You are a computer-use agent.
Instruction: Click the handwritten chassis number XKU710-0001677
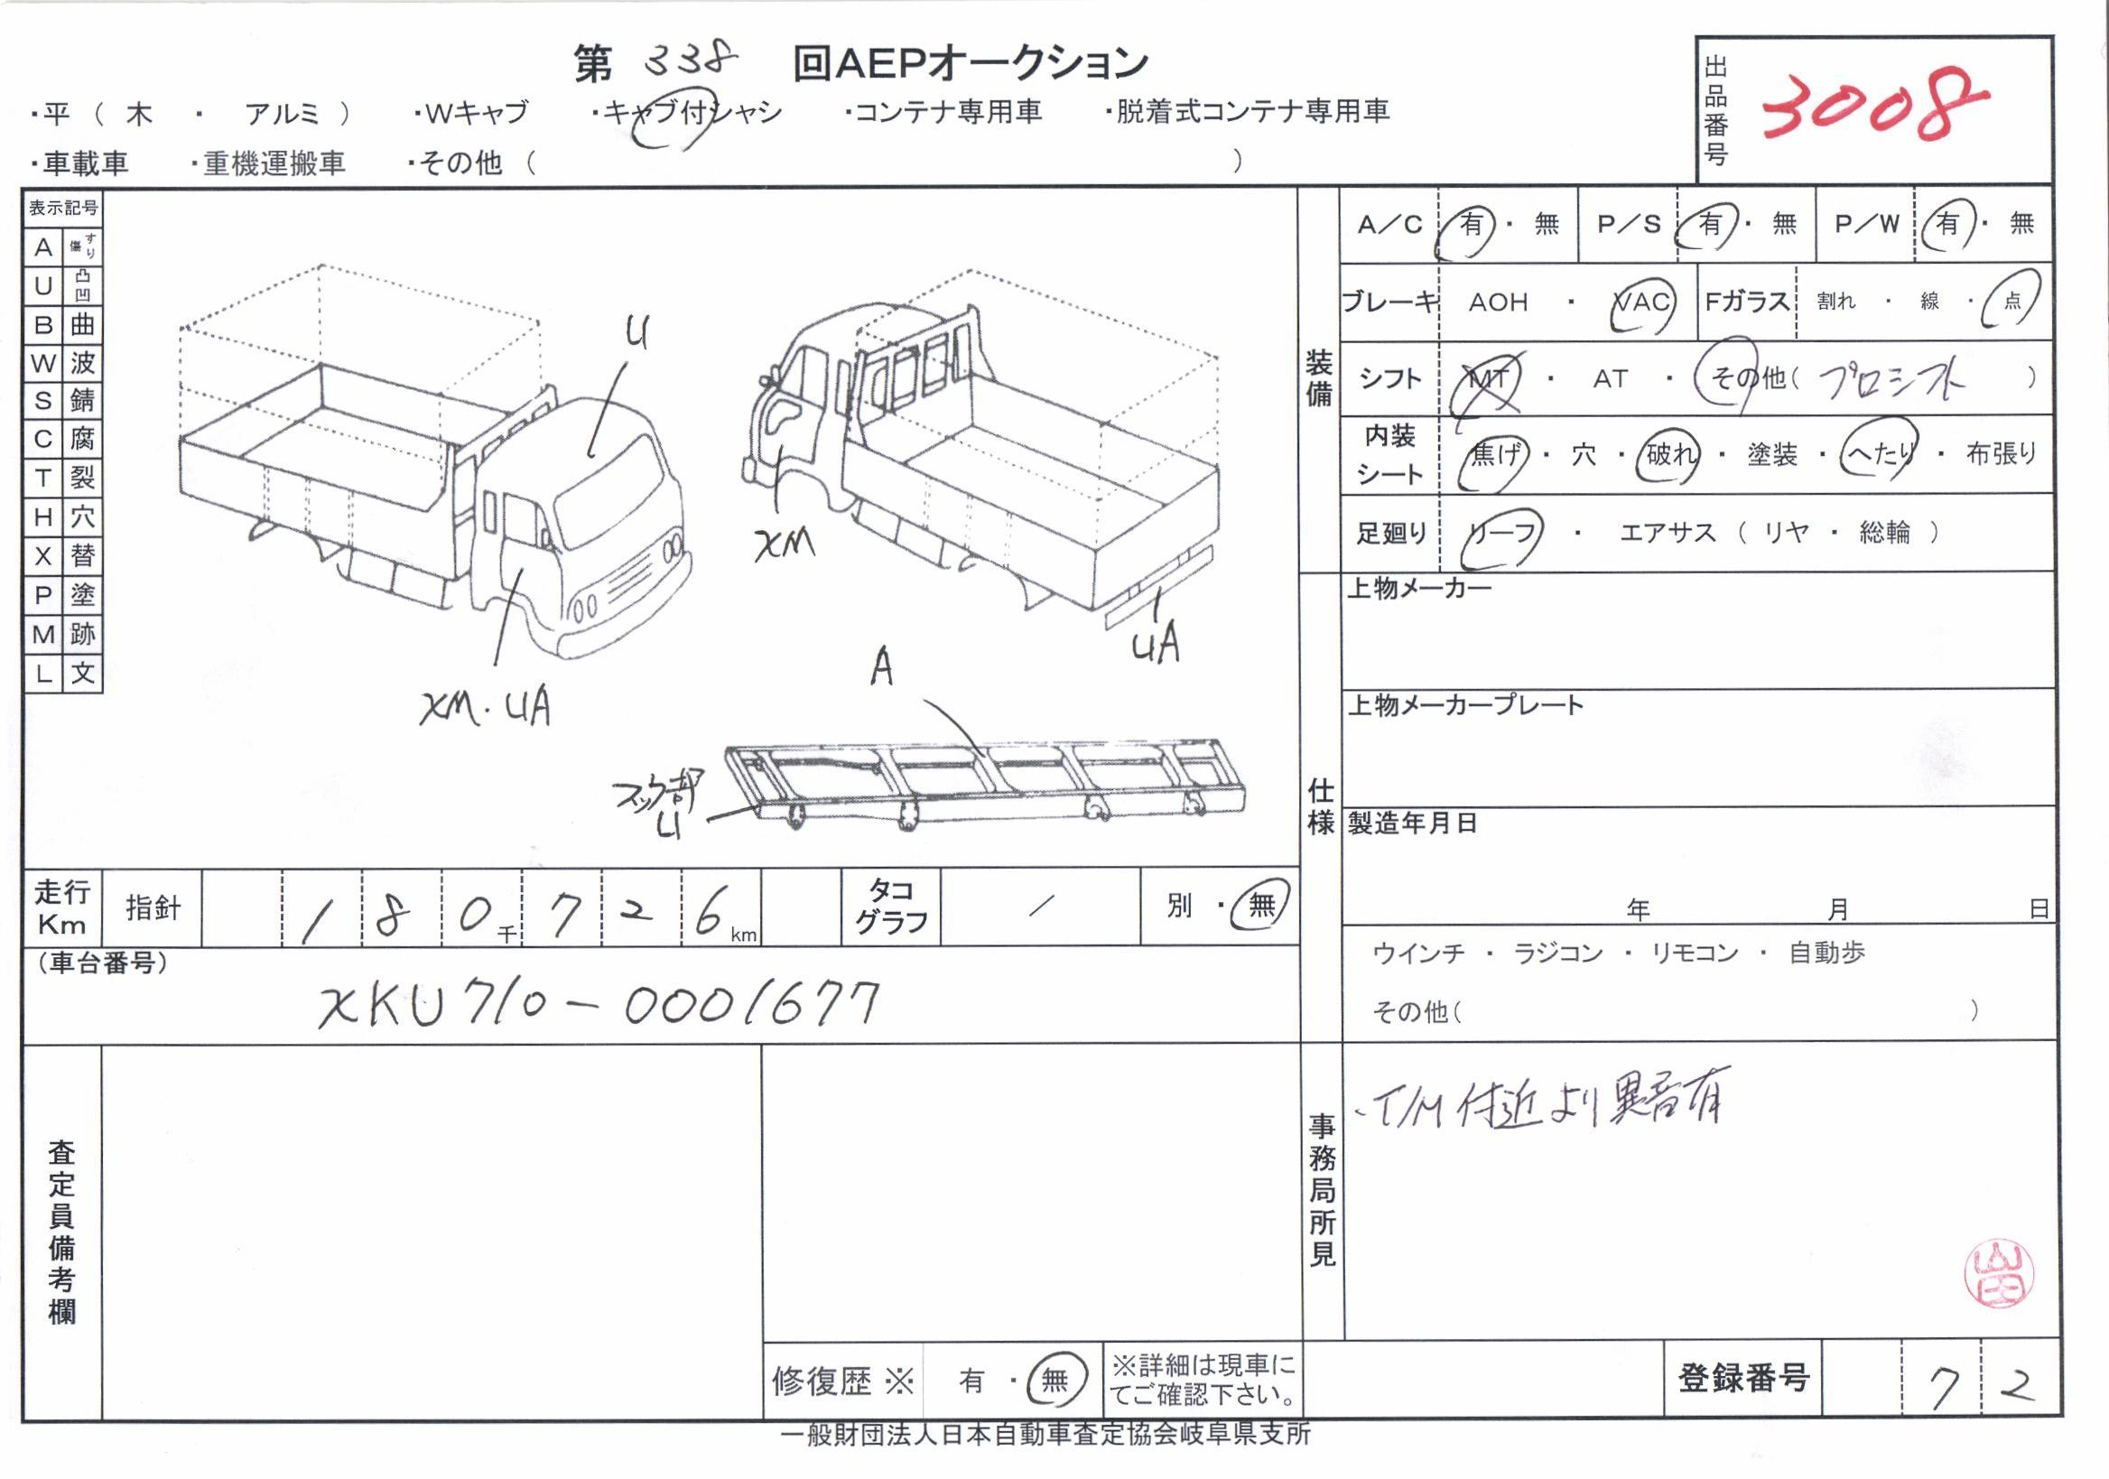coord(599,1003)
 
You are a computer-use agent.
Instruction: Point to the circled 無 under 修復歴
coord(1054,1380)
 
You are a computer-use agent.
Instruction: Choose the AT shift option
coord(1610,378)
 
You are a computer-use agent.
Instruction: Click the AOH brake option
coord(1497,302)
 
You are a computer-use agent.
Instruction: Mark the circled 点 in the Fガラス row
coord(2011,301)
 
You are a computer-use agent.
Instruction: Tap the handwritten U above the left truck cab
coord(636,331)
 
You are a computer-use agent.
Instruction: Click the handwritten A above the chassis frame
coord(882,667)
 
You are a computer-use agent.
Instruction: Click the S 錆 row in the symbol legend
coord(62,401)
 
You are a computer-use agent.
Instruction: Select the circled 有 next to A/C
coord(1472,224)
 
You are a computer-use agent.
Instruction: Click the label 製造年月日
coord(1412,823)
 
